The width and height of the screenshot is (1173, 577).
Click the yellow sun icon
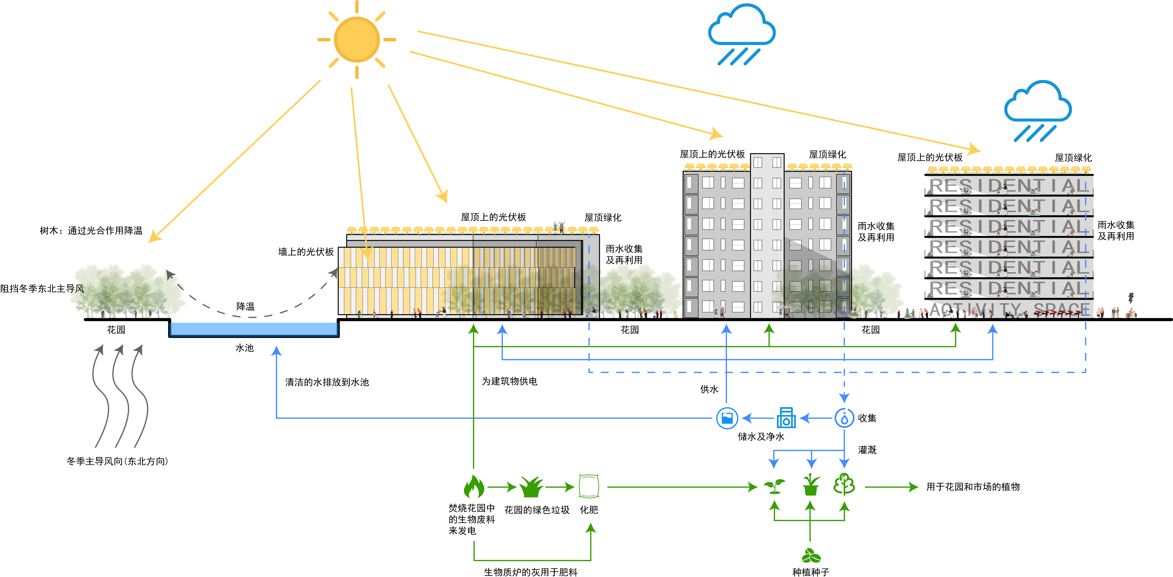(356, 40)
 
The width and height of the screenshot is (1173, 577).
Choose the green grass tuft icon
(531, 487)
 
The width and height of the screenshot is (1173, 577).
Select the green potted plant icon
(811, 485)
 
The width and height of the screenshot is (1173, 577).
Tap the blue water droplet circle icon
(844, 418)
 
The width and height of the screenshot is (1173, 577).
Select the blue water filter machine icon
(786, 418)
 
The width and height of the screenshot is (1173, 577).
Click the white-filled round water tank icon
(727, 418)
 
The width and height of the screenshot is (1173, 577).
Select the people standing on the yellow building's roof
(559, 226)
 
